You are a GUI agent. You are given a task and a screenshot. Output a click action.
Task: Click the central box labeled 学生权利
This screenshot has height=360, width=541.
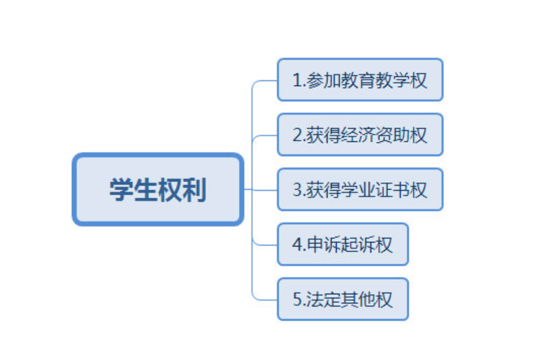pos(158,189)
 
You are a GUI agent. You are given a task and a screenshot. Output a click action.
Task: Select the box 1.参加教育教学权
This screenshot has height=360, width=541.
pos(360,80)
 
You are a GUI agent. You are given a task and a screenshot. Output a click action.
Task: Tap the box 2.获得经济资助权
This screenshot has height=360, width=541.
pos(360,135)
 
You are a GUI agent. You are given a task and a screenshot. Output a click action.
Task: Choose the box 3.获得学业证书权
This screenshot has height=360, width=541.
pos(360,189)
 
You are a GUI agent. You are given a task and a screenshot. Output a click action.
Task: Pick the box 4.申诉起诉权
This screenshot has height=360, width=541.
pos(343,244)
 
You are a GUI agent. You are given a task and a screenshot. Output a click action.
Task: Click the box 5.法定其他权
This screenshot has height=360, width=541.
pos(343,299)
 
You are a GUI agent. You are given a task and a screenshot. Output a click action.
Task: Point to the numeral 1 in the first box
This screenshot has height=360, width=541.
pos(298,80)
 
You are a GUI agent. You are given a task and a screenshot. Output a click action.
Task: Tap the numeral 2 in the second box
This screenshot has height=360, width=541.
pos(298,135)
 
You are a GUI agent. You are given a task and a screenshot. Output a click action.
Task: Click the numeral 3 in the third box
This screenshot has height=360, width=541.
pos(298,190)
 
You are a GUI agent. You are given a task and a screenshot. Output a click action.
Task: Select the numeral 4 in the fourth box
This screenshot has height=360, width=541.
pos(298,244)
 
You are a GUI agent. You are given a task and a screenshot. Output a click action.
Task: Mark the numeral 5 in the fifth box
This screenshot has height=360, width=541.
pos(298,299)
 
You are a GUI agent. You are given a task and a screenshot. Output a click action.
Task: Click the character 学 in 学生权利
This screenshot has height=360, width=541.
pos(121,189)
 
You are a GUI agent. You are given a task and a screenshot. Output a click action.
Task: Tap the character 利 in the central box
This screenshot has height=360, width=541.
pos(195,189)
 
